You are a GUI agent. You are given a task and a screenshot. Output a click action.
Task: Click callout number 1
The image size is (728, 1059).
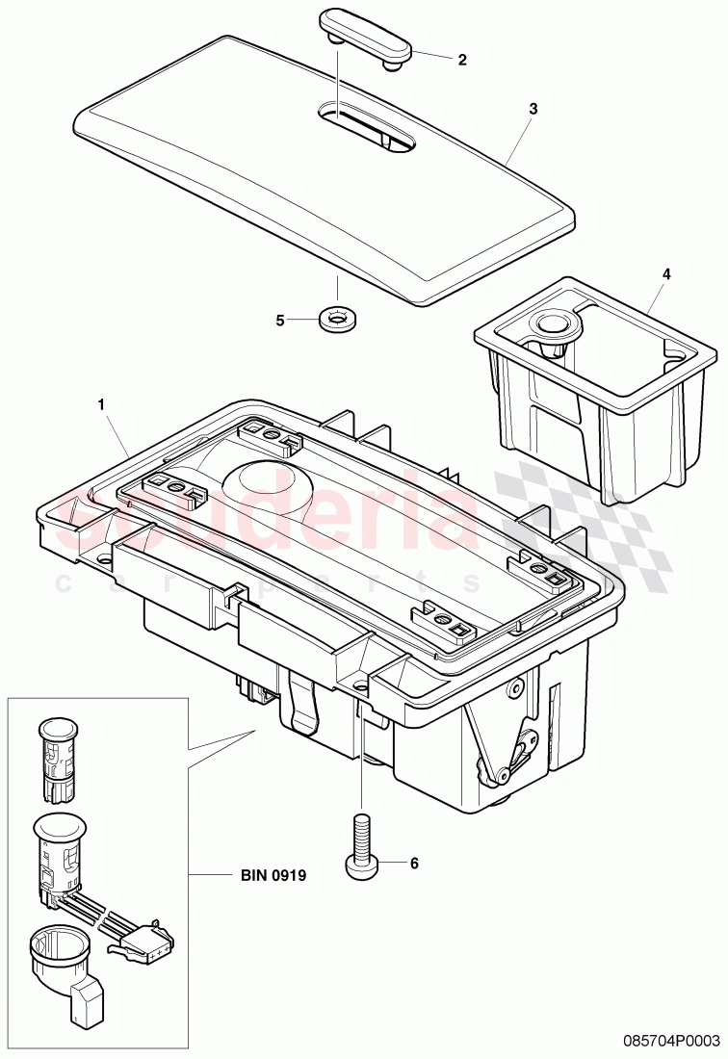102,405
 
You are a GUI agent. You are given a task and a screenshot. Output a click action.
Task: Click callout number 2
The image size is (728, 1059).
462,60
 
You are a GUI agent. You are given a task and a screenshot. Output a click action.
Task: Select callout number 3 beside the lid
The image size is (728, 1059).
533,109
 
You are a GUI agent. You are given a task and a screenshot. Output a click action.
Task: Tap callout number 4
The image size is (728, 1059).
665,273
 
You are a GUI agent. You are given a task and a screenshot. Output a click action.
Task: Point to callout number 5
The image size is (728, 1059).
280,321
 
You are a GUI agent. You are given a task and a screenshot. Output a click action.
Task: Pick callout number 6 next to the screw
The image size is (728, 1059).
415,864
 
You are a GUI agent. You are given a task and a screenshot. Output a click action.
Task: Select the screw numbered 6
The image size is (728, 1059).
361,842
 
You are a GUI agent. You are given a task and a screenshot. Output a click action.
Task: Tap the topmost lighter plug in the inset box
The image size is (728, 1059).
60,758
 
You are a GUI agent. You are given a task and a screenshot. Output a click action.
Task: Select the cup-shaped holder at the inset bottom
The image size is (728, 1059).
60,960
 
